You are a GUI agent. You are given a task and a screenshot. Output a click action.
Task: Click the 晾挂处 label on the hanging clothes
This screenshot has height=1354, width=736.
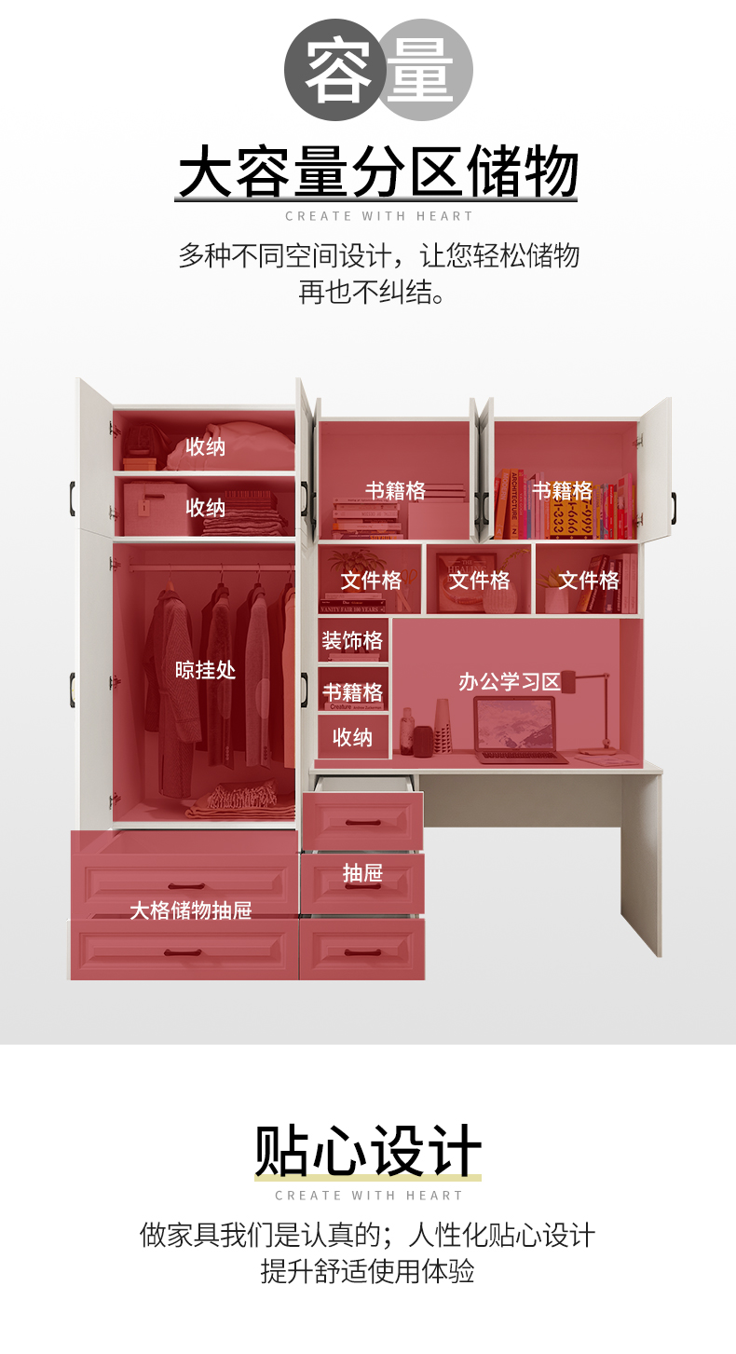tap(205, 670)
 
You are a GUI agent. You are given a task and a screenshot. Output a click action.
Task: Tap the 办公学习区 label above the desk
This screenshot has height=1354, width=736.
tap(509, 682)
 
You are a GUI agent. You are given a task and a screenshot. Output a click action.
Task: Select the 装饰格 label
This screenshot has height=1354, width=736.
tap(352, 641)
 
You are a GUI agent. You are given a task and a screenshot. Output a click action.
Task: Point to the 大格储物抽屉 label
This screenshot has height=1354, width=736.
tap(190, 910)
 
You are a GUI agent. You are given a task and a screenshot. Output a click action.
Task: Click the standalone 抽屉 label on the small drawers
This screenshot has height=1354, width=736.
tap(362, 873)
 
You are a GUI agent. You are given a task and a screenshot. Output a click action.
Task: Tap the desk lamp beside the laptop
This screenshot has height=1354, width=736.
tap(596, 708)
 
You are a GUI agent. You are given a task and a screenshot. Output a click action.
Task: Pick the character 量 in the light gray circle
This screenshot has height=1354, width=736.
tap(422, 70)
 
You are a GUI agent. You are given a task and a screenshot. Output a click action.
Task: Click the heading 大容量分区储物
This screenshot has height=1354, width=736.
tap(376, 172)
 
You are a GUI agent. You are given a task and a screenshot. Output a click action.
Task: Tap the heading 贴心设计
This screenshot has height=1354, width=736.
tap(368, 1152)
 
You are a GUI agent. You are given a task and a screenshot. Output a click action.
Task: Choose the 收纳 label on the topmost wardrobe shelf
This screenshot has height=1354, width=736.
tap(205, 446)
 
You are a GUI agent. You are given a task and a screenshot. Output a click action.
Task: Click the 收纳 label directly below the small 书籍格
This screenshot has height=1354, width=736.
tap(352, 738)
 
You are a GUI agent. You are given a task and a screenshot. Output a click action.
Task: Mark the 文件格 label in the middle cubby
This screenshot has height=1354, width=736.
tap(479, 581)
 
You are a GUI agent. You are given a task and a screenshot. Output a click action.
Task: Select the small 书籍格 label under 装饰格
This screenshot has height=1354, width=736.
tap(352, 692)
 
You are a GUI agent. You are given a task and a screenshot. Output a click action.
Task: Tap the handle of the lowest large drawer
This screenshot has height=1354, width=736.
tap(183, 953)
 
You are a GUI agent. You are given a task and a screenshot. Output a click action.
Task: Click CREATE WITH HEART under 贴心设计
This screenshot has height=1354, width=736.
tap(368, 1196)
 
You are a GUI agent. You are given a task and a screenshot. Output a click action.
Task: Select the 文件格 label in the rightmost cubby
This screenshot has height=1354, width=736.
tap(588, 581)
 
